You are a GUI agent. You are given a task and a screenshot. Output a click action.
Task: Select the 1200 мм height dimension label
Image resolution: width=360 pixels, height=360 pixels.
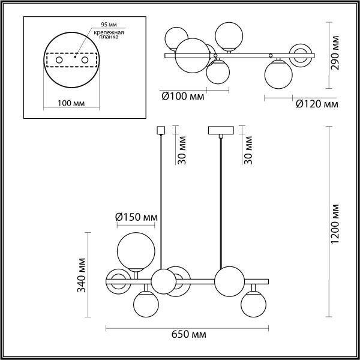pos(335,221)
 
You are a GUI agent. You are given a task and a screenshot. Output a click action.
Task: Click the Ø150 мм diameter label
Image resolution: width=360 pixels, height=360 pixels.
pos(137,216)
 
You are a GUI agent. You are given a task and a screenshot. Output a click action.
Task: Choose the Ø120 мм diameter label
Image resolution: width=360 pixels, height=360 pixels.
pos(317,104)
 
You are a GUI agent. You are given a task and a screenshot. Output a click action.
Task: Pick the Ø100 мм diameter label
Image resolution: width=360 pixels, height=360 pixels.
pos(182,96)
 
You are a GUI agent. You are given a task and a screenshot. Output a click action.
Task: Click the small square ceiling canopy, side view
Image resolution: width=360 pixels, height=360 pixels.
pos(160,129)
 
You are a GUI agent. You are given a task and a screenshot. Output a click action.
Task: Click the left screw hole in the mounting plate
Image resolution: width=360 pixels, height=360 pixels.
pos(59,61)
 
